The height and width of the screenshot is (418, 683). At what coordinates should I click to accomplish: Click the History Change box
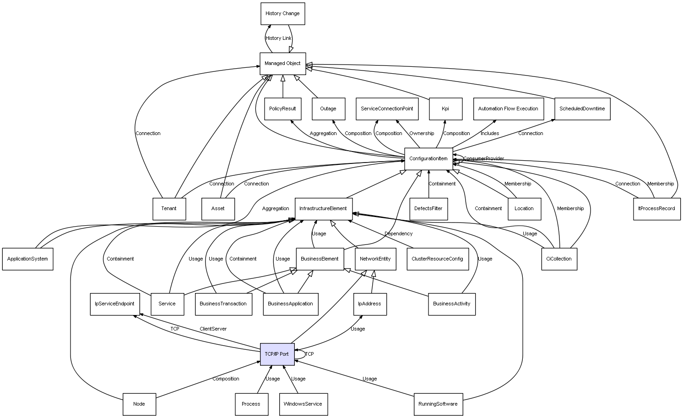pyautogui.click(x=282, y=14)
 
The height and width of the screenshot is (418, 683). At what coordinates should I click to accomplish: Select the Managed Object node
pyautogui.click(x=282, y=64)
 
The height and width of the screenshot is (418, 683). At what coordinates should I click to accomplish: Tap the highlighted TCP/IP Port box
pyautogui.click(x=277, y=354)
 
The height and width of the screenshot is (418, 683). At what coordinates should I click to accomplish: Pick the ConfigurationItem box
pyautogui.click(x=428, y=159)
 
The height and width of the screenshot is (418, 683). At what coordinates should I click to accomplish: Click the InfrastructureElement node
pyautogui.click(x=323, y=209)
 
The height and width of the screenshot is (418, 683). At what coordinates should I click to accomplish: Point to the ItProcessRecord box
pyautogui.click(x=656, y=209)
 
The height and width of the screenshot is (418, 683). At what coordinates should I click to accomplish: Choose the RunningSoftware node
pyautogui.click(x=438, y=404)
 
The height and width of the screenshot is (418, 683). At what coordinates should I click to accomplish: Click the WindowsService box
pyautogui.click(x=303, y=404)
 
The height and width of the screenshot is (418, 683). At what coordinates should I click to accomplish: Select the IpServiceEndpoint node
pyautogui.click(x=114, y=304)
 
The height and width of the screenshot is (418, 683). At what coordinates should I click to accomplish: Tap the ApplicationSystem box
pyautogui.click(x=27, y=259)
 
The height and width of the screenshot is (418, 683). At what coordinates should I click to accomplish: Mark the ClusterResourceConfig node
pyautogui.click(x=437, y=259)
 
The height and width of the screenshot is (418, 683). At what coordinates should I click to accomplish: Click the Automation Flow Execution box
pyautogui.click(x=508, y=109)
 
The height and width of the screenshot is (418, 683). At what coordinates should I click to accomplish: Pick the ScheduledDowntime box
pyautogui.click(x=582, y=109)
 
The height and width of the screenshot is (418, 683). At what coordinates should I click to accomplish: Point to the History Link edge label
pyautogui.click(x=278, y=38)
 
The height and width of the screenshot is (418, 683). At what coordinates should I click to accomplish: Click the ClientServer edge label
pyautogui.click(x=213, y=329)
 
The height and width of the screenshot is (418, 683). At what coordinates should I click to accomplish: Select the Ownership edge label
pyautogui.click(x=422, y=134)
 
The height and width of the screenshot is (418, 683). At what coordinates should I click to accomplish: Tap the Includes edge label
pyautogui.click(x=490, y=134)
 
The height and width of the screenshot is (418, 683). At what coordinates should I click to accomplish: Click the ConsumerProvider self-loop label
pyautogui.click(x=483, y=159)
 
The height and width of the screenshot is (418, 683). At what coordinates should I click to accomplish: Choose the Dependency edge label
pyautogui.click(x=398, y=234)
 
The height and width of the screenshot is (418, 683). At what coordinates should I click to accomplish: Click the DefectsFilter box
pyautogui.click(x=428, y=209)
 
